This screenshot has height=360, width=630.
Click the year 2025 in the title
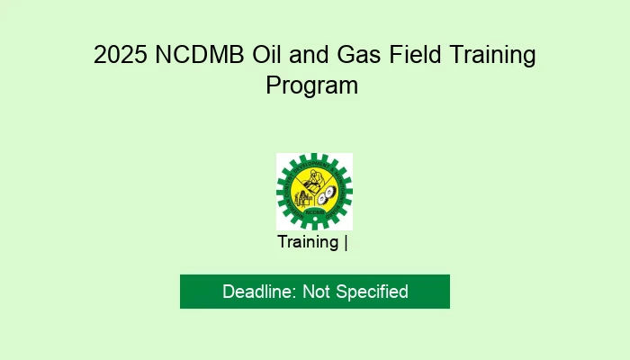(x=121, y=56)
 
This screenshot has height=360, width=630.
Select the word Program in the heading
(x=312, y=86)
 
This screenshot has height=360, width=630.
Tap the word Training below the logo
(x=308, y=242)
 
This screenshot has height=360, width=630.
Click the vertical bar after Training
(x=346, y=242)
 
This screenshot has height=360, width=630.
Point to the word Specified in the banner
(x=372, y=292)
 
